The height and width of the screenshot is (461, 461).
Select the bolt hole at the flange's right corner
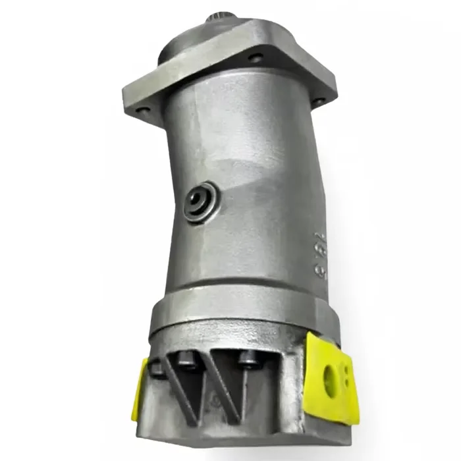point(319,101)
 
